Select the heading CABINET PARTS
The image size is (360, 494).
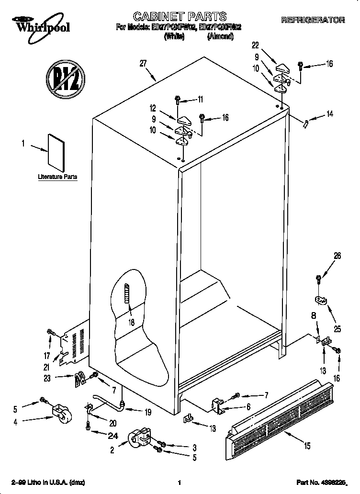pos(180,17)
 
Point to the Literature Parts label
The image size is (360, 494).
pos(57,177)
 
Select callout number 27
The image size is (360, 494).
pos(143,62)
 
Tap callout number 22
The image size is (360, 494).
pos(255,45)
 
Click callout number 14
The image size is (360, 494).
pos(329,114)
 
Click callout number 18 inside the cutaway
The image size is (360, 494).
pos(131,322)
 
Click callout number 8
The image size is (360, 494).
pos(314,316)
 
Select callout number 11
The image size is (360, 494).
pos(200,100)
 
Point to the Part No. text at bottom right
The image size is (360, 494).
pos(320,482)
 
